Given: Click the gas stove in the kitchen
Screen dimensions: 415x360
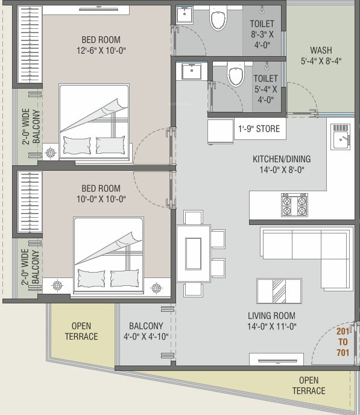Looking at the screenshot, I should pos(294,204).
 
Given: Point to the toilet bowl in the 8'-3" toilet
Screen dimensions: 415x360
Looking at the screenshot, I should pos(216,21).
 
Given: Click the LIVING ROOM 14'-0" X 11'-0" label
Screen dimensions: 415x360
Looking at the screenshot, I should pos(271,321).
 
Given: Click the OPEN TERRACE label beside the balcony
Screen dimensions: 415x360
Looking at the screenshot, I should pos(81,331).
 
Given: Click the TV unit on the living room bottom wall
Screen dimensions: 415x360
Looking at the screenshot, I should pos(276,360).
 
